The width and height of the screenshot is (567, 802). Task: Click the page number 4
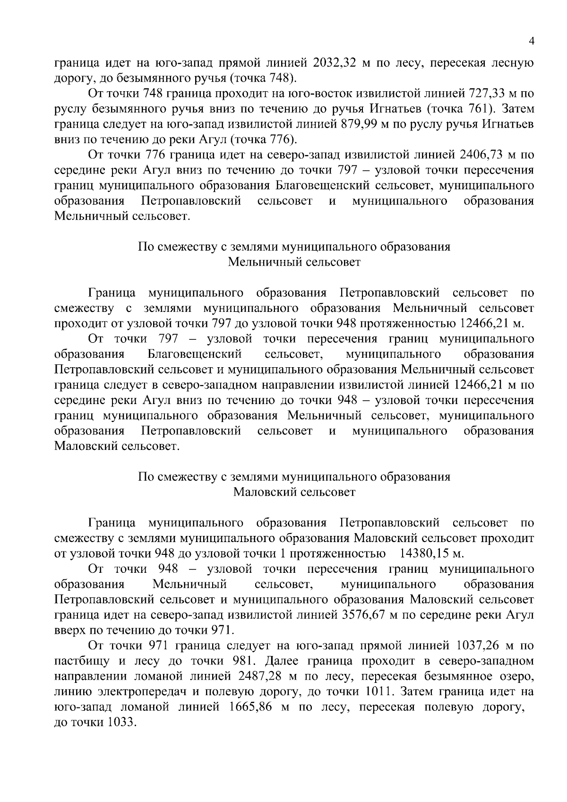[532, 42]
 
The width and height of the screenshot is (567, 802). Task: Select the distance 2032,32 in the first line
[338, 63]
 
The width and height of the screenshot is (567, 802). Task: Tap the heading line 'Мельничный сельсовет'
[294, 262]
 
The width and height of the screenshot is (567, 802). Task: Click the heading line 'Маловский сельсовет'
[294, 492]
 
